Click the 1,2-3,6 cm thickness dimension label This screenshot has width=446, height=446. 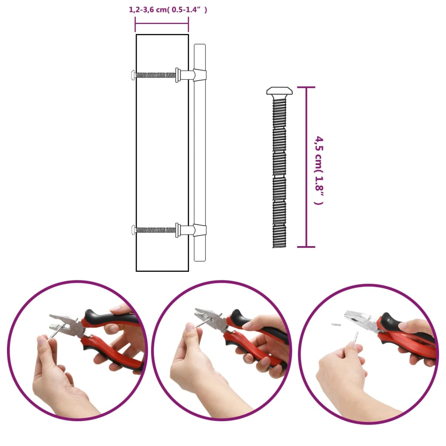click(168, 10)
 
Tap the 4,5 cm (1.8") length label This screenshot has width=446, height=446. click(320, 170)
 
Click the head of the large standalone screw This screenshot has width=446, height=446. click(279, 91)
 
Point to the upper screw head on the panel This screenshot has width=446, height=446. click(133, 75)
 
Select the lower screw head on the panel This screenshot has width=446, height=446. click(133, 230)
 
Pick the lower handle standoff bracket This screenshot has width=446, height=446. click(198, 230)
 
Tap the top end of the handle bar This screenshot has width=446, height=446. click(199, 47)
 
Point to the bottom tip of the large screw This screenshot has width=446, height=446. click(279, 246)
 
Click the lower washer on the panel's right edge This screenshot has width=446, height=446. click(177, 230)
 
